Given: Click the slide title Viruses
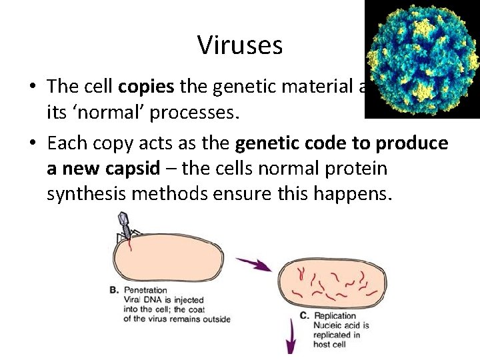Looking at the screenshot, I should click(240, 45).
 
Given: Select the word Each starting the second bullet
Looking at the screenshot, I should click(68, 143).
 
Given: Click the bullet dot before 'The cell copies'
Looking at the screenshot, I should click(32, 87).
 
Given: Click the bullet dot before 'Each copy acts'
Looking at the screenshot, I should click(32, 144).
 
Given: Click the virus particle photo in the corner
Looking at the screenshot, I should click(422, 59).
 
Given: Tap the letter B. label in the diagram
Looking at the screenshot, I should click(114, 291).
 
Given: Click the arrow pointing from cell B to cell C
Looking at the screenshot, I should click(256, 264).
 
